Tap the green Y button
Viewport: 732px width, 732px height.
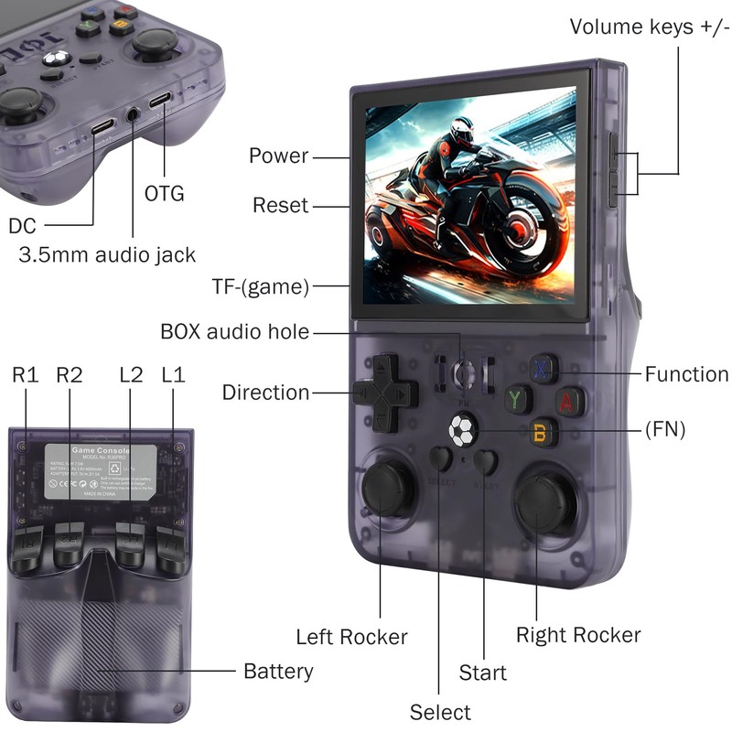[518, 399]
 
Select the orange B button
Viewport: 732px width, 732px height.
[543, 431]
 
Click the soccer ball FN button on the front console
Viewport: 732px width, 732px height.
[462, 429]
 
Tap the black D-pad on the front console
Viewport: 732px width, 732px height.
[385, 393]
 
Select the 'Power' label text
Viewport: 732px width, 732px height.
[279, 156]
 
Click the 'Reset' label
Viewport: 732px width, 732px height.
[281, 205]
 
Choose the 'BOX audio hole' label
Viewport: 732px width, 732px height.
[235, 331]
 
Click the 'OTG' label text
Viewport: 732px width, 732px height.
[165, 194]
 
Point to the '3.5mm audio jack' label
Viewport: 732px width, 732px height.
[107, 254]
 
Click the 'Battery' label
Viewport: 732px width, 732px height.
[278, 672]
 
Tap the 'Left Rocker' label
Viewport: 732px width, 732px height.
[351, 637]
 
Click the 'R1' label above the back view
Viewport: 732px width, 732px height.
[25, 374]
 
